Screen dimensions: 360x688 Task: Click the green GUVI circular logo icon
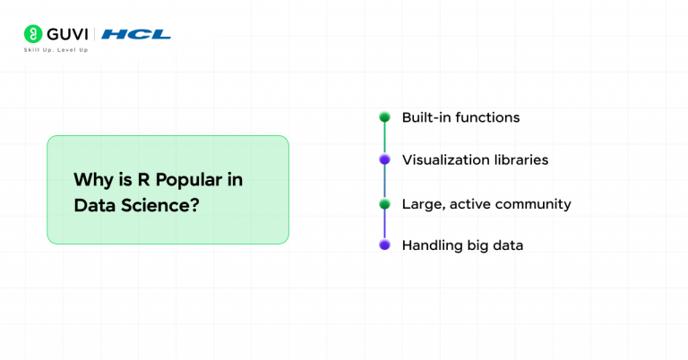pos(33,34)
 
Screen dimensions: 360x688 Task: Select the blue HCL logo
pos(136,34)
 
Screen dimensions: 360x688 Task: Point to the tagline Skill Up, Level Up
pos(56,50)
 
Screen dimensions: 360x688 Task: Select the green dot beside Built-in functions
pos(384,117)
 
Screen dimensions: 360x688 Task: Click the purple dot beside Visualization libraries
pos(384,160)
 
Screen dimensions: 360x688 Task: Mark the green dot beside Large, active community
pos(384,204)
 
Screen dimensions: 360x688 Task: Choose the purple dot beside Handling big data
pos(384,244)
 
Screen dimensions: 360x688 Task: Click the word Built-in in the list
pos(426,117)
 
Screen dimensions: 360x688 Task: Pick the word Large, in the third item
pos(421,204)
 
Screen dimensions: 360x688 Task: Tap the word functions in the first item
pos(487,117)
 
